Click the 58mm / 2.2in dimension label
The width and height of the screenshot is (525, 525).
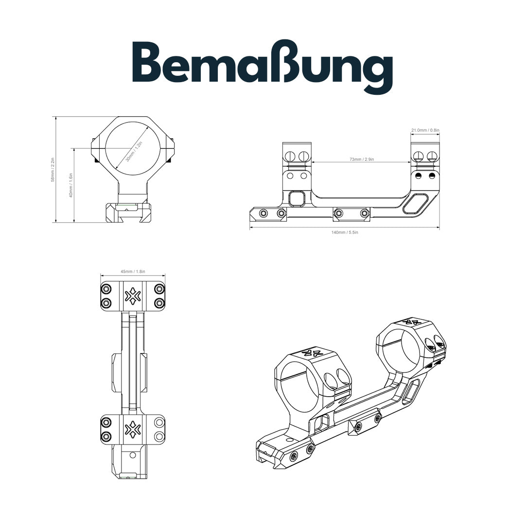click(x=53, y=170)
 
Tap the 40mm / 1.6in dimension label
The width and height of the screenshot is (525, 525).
click(x=71, y=185)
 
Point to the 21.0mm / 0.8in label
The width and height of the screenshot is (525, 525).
click(x=425, y=130)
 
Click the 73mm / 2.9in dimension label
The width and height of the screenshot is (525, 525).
click(x=361, y=159)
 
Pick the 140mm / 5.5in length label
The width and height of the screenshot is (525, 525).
click(x=344, y=232)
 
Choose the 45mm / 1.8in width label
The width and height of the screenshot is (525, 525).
click(x=133, y=271)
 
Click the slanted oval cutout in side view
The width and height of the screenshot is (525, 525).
click(x=415, y=204)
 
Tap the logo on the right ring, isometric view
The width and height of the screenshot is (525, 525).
click(x=412, y=323)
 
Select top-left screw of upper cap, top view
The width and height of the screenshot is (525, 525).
click(x=106, y=289)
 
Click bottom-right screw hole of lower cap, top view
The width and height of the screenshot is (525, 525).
click(x=159, y=435)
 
